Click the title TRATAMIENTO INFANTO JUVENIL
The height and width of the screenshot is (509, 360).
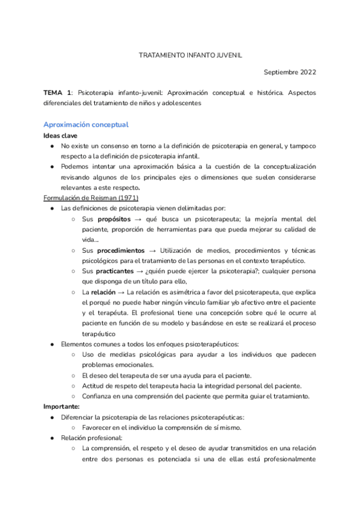(190, 54)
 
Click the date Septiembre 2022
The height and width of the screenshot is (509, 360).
(290, 72)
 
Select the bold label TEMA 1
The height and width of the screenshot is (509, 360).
(58, 93)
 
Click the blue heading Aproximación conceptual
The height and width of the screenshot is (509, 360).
(86, 125)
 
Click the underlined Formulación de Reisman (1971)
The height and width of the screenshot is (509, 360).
(91, 198)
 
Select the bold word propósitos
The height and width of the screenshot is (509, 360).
(114, 219)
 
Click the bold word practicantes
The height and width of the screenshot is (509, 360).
(116, 271)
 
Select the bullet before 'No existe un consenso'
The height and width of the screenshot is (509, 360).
(53, 146)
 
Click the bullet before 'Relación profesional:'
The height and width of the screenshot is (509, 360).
(53, 438)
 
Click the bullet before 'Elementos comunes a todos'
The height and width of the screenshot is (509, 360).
(53, 344)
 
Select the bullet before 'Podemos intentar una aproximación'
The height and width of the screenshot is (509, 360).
(53, 167)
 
